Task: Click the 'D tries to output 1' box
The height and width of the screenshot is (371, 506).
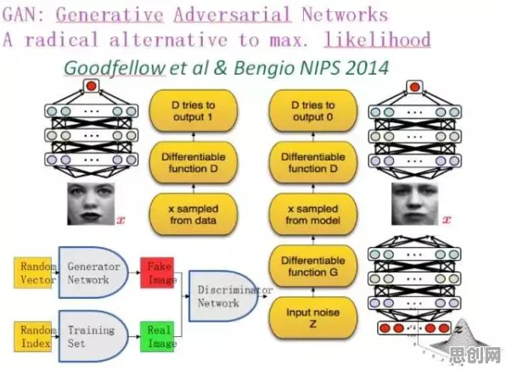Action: pos(194,111)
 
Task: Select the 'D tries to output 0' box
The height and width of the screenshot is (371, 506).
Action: pos(313,111)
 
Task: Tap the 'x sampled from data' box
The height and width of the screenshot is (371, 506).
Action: pos(194,215)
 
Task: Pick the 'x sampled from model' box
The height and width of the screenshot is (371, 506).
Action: pos(313,215)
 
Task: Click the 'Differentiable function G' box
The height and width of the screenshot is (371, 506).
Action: pos(313,267)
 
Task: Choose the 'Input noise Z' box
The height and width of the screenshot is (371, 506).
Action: pos(313,318)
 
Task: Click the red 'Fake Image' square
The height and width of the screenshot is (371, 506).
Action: pos(157,273)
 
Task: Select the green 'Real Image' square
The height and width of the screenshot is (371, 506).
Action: pos(157,336)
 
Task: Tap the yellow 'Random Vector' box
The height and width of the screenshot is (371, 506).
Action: pos(33,273)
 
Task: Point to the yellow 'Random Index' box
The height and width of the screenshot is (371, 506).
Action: pos(33,336)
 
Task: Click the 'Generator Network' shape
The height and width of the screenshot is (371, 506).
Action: pos(93,273)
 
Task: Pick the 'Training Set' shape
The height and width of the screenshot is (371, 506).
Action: pos(93,336)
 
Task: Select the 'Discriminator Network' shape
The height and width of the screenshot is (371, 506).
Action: pos(223,296)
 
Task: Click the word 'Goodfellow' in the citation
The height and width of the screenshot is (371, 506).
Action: pos(115,68)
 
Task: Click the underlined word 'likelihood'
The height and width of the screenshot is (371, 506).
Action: pos(377,40)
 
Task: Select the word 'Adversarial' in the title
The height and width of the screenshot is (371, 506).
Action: pos(233,14)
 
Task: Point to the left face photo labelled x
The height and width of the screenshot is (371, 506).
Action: pos(91,204)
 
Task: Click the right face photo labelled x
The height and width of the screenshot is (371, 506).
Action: pos(414,204)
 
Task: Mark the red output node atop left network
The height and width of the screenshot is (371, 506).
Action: pos(92,86)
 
